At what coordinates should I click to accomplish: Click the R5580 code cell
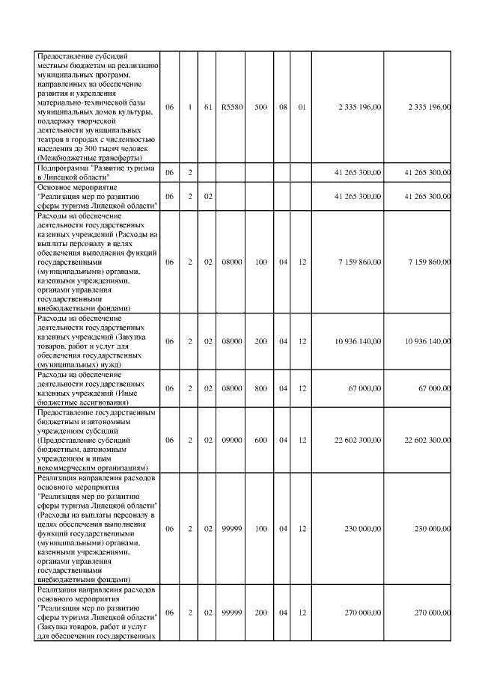230,107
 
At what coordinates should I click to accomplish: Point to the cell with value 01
302,107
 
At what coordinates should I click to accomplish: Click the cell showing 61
209,107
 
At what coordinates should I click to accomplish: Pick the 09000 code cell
230,440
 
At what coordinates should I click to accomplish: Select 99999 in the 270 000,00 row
230,613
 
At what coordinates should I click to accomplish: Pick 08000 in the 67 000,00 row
230,388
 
